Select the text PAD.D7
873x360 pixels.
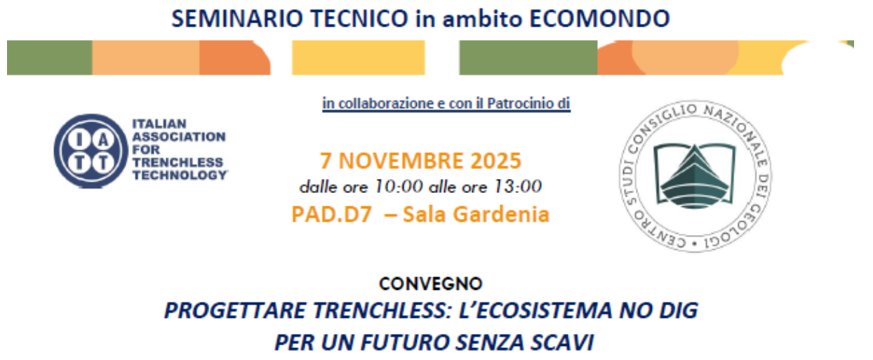(x=331, y=214)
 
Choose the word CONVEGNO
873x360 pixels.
(x=430, y=284)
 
